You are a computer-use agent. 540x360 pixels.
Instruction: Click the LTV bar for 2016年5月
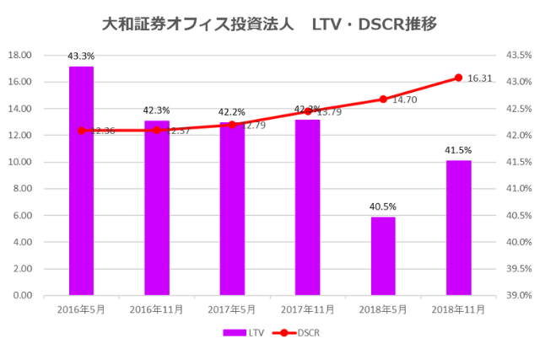pos(81,180)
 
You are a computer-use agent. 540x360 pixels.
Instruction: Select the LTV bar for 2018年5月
pos(383,256)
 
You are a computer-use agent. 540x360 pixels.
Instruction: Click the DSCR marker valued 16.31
pos(458,78)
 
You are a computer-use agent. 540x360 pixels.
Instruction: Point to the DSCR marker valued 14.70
pos(383,99)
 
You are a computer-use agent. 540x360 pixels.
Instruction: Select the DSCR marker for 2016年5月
pos(81,131)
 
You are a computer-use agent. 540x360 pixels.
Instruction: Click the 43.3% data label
pos(81,56)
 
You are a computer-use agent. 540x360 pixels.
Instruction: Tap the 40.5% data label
pos(383,207)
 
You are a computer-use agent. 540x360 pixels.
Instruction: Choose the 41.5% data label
pos(458,150)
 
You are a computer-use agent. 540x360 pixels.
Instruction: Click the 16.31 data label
pos(479,78)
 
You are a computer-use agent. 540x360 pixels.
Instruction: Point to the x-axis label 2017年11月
pos(307,309)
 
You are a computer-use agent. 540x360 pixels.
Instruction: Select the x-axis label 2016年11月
pos(156,309)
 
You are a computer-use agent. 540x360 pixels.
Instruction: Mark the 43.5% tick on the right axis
pos(517,56)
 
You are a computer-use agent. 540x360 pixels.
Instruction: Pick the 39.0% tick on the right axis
pos(517,296)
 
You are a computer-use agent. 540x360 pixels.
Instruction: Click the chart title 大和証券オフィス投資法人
pos(198,24)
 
